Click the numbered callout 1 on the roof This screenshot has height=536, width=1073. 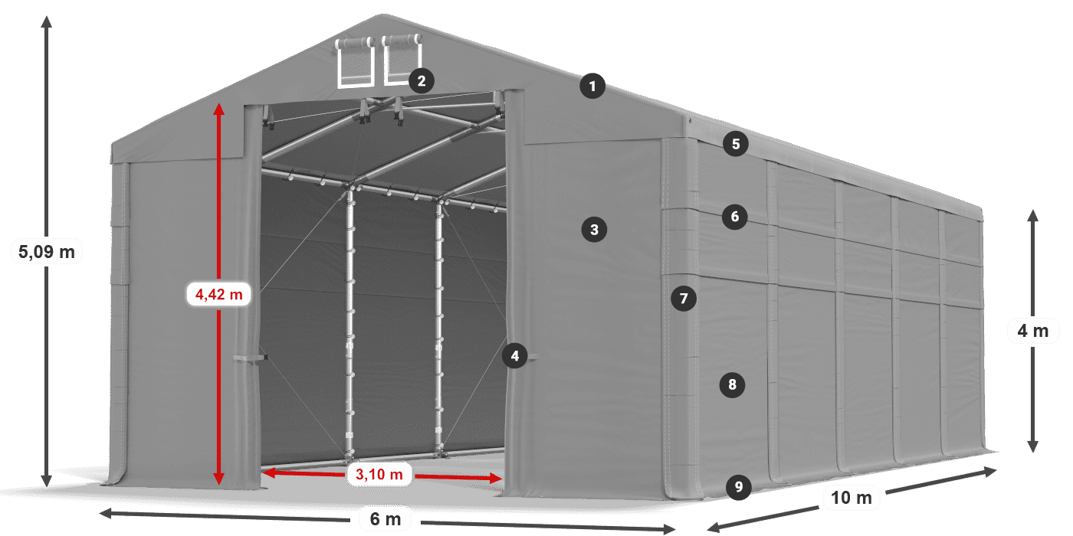(592, 86)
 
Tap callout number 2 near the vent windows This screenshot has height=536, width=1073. (422, 81)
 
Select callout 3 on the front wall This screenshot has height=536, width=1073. (595, 230)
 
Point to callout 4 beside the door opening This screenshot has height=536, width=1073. (515, 356)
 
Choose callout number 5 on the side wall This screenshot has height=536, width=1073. (736, 144)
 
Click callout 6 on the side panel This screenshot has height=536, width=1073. (735, 217)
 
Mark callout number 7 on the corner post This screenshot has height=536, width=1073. (684, 299)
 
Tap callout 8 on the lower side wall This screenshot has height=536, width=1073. (733, 384)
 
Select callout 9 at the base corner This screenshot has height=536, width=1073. (739, 487)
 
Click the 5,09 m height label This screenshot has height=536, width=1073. (47, 252)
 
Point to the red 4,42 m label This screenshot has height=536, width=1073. (219, 294)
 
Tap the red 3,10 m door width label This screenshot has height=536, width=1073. (379, 474)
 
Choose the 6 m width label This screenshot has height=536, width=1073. (386, 519)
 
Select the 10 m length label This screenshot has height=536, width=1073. (852, 498)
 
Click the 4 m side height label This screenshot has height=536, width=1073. (1033, 331)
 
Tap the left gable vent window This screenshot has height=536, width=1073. (355, 63)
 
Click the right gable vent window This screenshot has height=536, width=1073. (402, 60)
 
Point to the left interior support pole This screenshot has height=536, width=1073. (349, 322)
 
